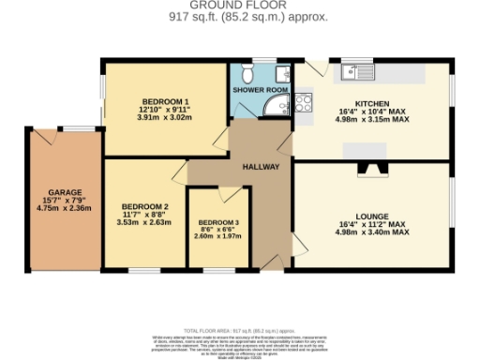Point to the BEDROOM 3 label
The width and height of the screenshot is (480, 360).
pyautogui.click(x=218, y=221)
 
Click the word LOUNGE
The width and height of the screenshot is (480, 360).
pyautogui.click(x=372, y=216)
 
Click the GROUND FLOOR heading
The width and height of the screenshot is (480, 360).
pyautogui.click(x=239, y=5)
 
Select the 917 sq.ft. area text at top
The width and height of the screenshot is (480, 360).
pyautogui.click(x=239, y=16)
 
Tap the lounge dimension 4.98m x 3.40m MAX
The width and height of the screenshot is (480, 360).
pyautogui.click(x=372, y=232)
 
